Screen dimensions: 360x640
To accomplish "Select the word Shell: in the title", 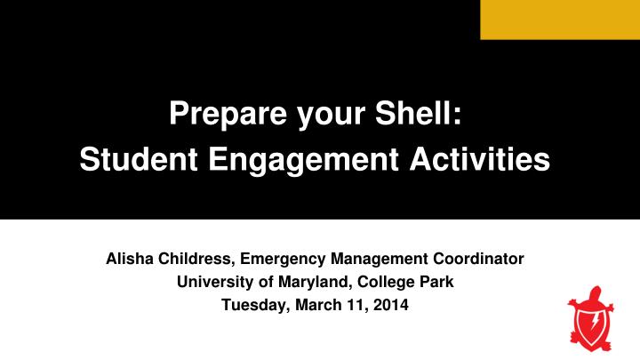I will pyautogui.click(x=421, y=115).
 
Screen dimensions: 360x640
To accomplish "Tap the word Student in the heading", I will pyautogui.click(x=132, y=160).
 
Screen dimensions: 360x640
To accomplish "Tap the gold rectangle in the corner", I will pyautogui.click(x=559, y=20).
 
